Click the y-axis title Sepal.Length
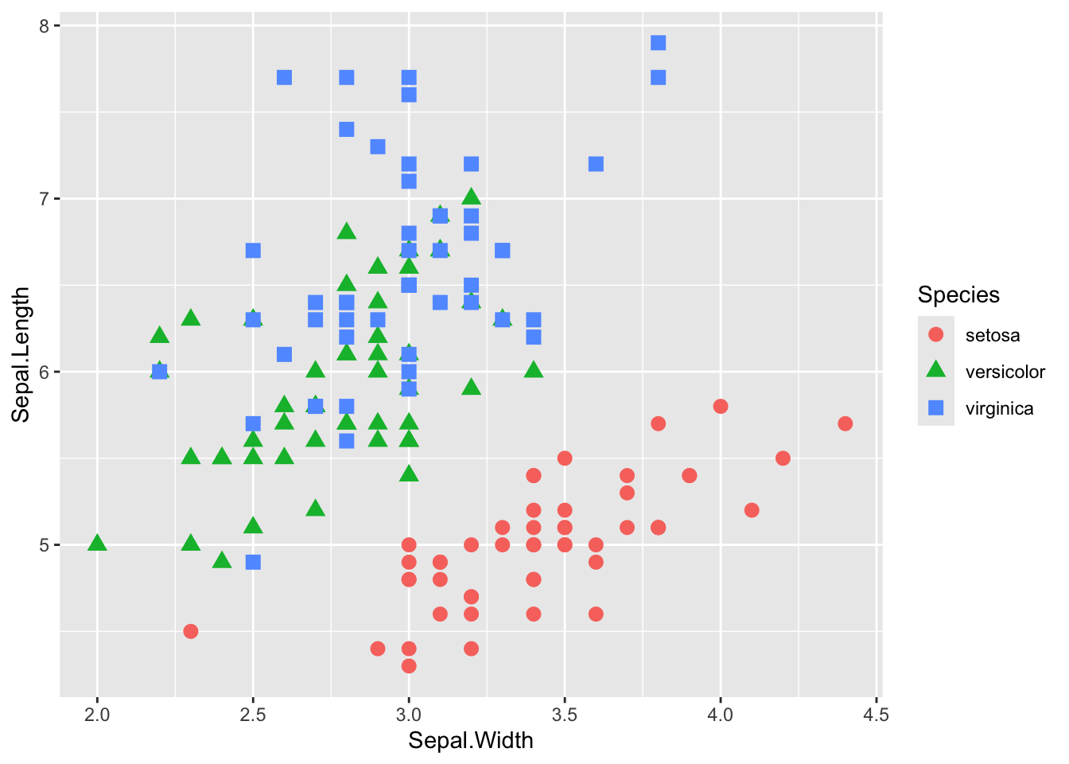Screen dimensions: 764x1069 pos(21,354)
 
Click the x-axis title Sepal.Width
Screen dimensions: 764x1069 pos(471,741)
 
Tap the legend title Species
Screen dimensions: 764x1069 pos(958,294)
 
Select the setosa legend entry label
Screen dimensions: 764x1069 pos(992,335)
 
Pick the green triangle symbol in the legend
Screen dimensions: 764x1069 pos(936,370)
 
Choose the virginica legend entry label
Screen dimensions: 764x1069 pos(999,408)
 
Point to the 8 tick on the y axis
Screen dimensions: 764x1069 pos(44,25)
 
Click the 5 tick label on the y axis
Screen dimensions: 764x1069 pos(44,545)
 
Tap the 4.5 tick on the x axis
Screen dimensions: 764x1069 pos(876,715)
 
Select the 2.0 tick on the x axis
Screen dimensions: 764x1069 pos(97,715)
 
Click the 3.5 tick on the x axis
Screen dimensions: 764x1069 pos(565,715)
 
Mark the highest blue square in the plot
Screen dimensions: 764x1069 pos(658,43)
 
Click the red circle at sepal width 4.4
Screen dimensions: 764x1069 pos(845,423)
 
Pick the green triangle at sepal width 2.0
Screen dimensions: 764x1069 pos(97,544)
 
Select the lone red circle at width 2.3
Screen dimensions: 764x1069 pos(191,631)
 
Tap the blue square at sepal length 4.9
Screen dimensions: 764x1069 pos(253,562)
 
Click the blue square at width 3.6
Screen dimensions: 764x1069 pos(596,164)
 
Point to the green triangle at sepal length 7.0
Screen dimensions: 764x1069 pos(471,197)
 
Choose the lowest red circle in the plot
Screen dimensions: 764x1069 pos(409,665)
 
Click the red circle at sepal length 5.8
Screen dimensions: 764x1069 pos(721,407)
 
